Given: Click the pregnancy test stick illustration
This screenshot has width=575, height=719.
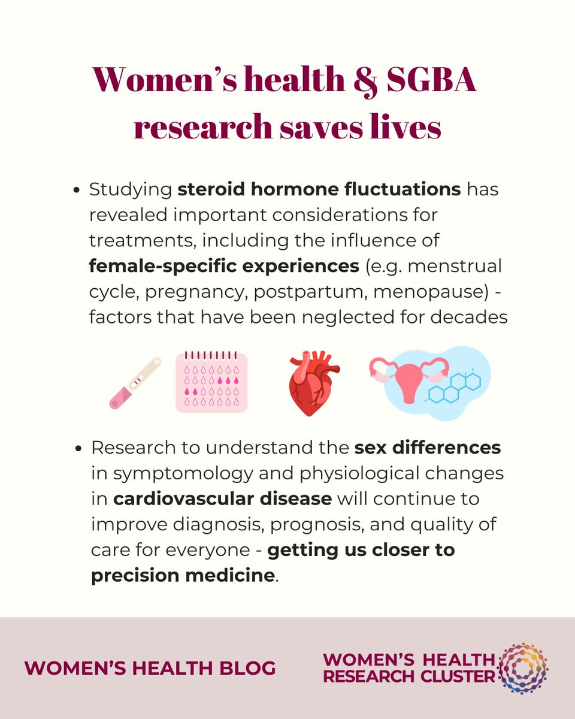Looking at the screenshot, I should coord(135,383).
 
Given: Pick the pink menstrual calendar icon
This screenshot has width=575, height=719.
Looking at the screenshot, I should coord(211,382).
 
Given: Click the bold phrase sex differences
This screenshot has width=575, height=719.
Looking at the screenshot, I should coord(427,448).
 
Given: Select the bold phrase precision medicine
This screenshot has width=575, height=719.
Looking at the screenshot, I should coord(183,576).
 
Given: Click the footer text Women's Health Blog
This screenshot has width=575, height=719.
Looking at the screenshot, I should coord(150,668).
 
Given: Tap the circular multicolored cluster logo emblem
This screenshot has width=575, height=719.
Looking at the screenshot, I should coord(523,667).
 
